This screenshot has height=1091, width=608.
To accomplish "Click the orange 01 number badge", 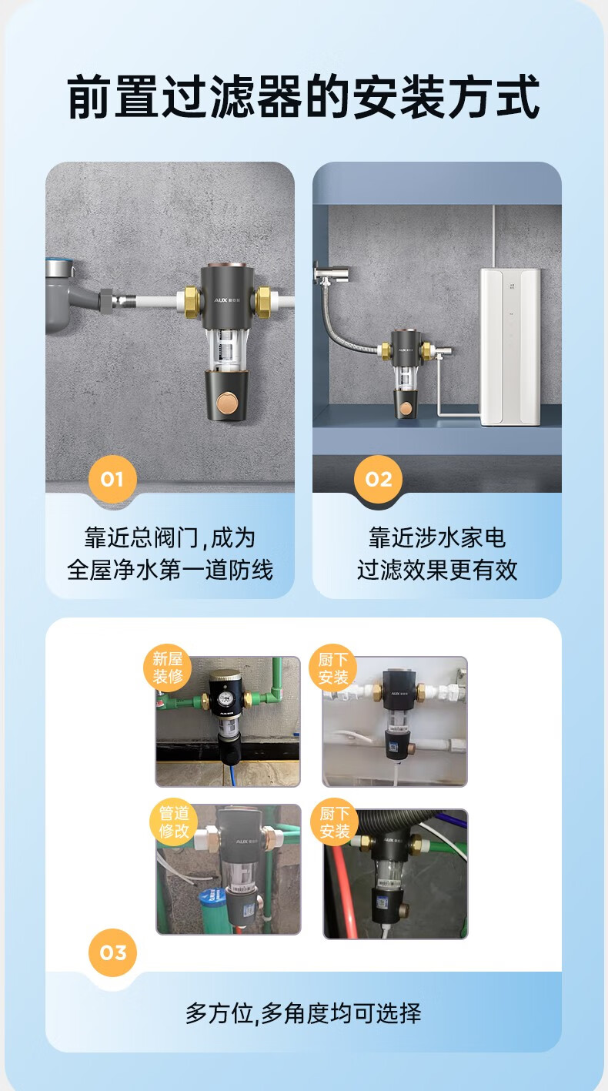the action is tap(112, 479).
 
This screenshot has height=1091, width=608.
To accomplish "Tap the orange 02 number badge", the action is tap(378, 479).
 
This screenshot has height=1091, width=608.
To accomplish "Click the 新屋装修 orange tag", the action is tap(167, 668).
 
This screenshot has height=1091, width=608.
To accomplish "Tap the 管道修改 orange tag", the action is tap(174, 822).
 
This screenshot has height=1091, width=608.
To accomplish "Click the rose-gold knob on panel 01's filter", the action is tap(228, 403).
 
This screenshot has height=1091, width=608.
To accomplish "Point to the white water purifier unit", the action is tap(509, 346).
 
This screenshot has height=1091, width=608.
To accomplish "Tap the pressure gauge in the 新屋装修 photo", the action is tap(225, 698).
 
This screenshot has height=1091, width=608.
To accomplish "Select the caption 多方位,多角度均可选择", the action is tap(302, 1012).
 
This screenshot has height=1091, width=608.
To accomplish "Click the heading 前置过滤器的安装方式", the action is tap(304, 96).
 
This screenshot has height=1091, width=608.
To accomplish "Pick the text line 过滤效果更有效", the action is tap(436, 569).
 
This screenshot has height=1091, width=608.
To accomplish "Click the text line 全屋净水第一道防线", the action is tap(170, 569).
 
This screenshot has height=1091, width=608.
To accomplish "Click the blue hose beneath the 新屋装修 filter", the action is tap(233, 774).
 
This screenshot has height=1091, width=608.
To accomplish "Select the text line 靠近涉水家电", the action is tap(436, 537).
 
